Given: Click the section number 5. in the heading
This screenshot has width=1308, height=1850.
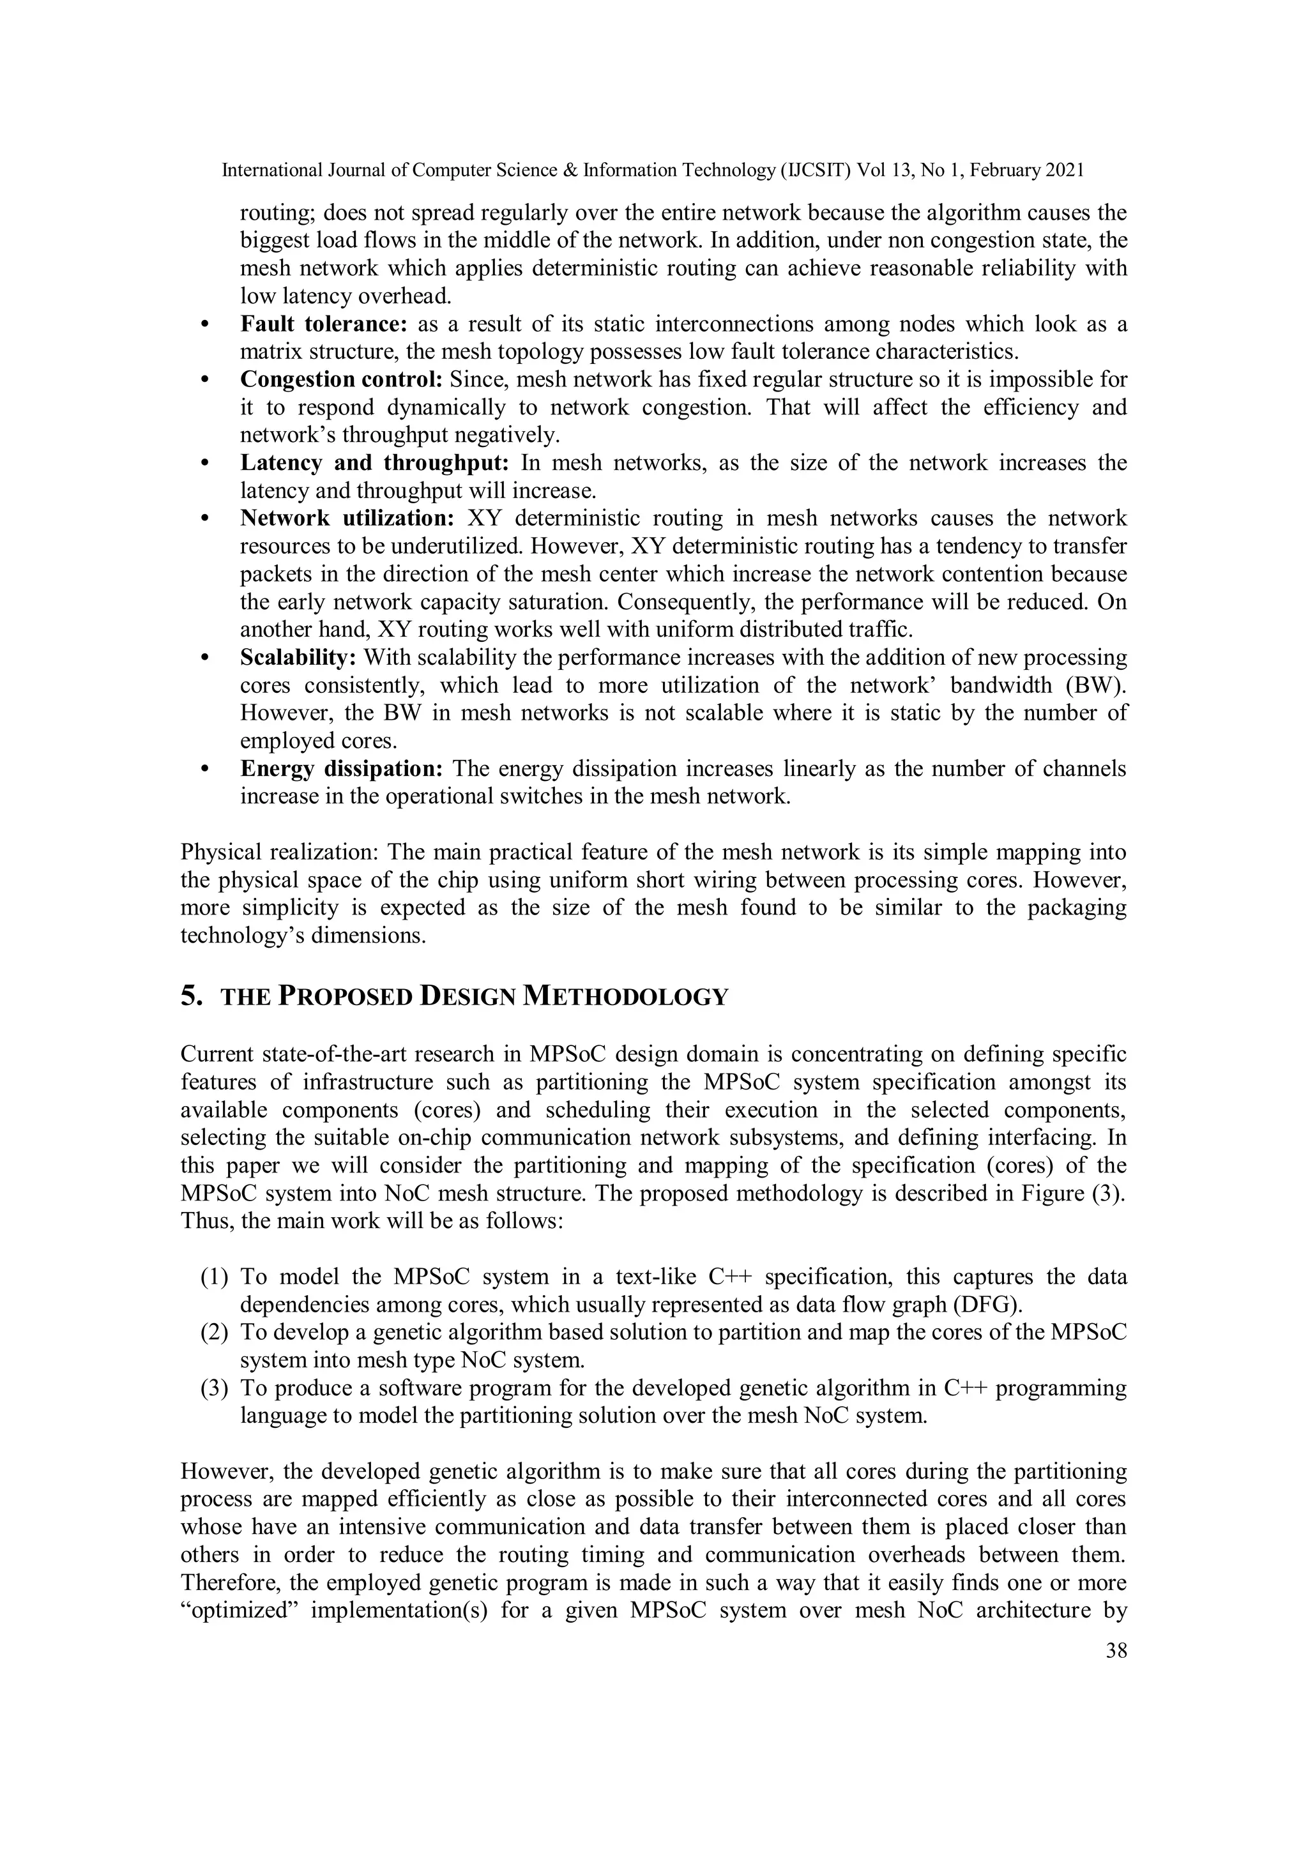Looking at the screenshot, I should [x=192, y=997].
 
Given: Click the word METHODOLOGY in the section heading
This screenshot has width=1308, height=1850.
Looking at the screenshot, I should [x=625, y=997].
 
